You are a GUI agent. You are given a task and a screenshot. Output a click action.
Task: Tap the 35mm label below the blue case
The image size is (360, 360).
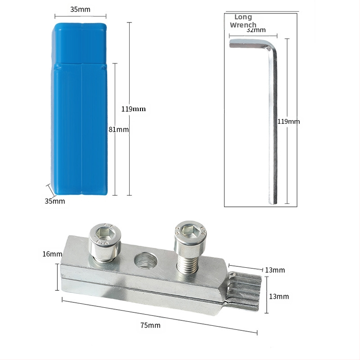[x=55, y=201]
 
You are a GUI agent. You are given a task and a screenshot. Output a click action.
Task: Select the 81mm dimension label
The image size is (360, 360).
[x=118, y=130]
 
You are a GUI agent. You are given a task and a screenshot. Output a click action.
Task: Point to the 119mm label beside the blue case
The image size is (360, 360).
[x=133, y=109]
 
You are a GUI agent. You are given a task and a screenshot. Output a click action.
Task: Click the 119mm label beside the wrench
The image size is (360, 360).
[x=288, y=121]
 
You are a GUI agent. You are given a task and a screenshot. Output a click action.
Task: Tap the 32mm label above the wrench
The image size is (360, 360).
[x=256, y=30]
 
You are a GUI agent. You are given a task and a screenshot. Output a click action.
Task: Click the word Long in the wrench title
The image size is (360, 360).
[x=243, y=17]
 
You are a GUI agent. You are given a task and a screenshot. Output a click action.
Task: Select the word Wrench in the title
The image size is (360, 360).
[x=243, y=25]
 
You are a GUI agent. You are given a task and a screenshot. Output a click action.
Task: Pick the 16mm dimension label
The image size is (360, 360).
[x=52, y=254]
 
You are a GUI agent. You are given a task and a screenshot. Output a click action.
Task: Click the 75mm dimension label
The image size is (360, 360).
[x=150, y=325]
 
